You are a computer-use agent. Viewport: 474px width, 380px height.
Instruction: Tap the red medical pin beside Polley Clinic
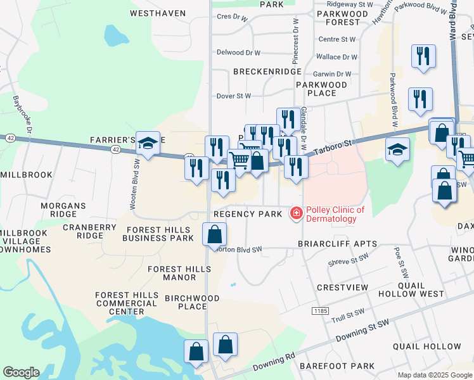pyautogui.click(x=295, y=214)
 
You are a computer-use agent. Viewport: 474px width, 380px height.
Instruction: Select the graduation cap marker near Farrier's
pyautogui.click(x=148, y=144)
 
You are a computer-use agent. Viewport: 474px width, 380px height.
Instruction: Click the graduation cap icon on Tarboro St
pyautogui.click(x=397, y=150)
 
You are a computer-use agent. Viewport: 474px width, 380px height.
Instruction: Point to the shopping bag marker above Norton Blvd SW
pyautogui.click(x=215, y=235)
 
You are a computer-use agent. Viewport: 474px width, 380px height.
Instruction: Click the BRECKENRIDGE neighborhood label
pyautogui.click(x=267, y=72)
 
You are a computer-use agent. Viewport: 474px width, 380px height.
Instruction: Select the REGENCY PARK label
pyautogui.click(x=248, y=214)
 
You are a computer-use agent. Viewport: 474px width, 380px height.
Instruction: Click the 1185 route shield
pyautogui.click(x=319, y=311)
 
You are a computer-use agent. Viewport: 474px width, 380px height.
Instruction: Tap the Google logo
pyautogui.click(x=21, y=372)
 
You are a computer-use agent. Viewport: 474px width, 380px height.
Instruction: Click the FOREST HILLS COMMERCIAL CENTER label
pyautogui.click(x=127, y=303)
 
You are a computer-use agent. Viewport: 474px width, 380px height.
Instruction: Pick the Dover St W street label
pyautogui.click(x=234, y=96)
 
